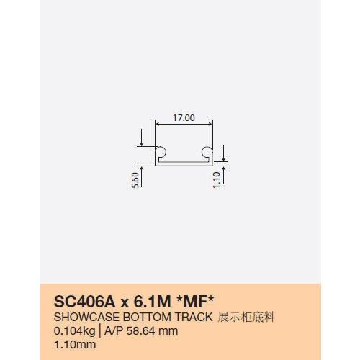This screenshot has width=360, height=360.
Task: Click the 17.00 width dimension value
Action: [x=184, y=118]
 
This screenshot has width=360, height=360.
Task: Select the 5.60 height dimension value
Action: [x=135, y=180]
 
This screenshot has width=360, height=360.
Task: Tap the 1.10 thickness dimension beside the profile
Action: [x=217, y=180]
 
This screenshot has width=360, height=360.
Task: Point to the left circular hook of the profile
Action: [x=161, y=153]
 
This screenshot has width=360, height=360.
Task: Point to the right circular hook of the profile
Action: [x=207, y=153]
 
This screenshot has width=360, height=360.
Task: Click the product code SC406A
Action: [x=85, y=302]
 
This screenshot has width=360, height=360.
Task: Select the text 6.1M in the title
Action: [x=152, y=302]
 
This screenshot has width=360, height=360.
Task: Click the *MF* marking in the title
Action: [x=195, y=301]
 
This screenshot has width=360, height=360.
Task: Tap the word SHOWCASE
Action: [x=86, y=317]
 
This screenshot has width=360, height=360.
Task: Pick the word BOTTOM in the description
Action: [x=147, y=317]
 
